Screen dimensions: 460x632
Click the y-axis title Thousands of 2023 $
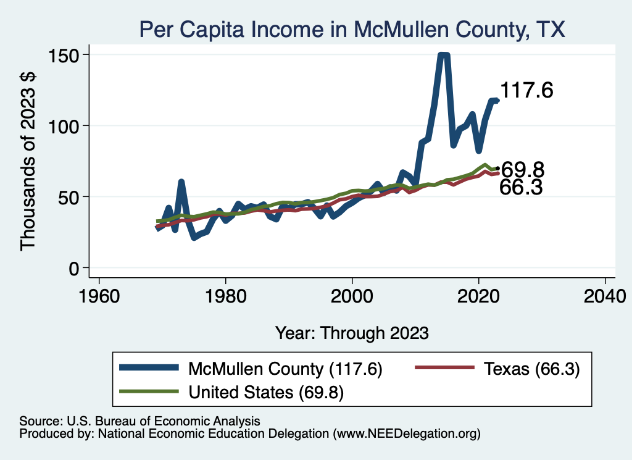pos(29,161)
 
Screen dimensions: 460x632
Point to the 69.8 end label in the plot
pos(522,170)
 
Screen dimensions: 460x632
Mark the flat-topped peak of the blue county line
pos(443,56)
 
